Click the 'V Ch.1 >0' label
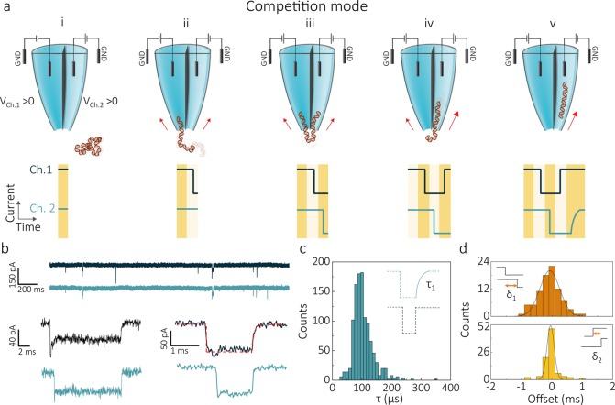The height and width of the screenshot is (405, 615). coord(30,102)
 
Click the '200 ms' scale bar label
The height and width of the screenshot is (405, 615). coord(27,288)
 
